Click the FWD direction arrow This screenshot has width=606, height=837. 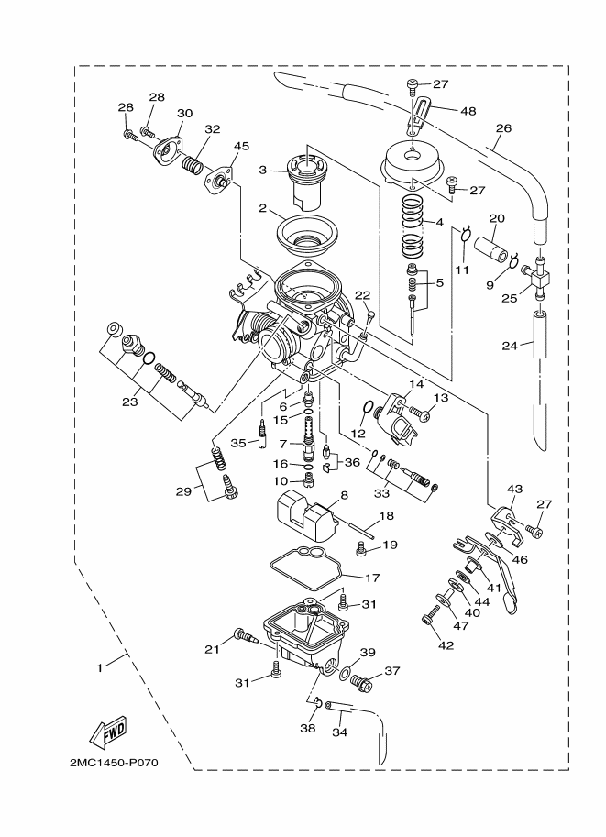click(x=107, y=732)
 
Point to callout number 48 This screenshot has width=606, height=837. click(x=468, y=111)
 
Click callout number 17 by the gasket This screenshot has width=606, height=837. click(x=372, y=578)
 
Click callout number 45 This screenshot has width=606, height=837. click(x=241, y=146)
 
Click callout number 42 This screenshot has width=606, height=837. click(x=446, y=644)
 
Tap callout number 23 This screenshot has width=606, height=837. click(x=130, y=401)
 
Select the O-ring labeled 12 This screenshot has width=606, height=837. click(x=365, y=409)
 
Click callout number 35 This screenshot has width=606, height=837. click(x=238, y=443)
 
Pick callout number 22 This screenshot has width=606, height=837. click(x=362, y=295)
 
